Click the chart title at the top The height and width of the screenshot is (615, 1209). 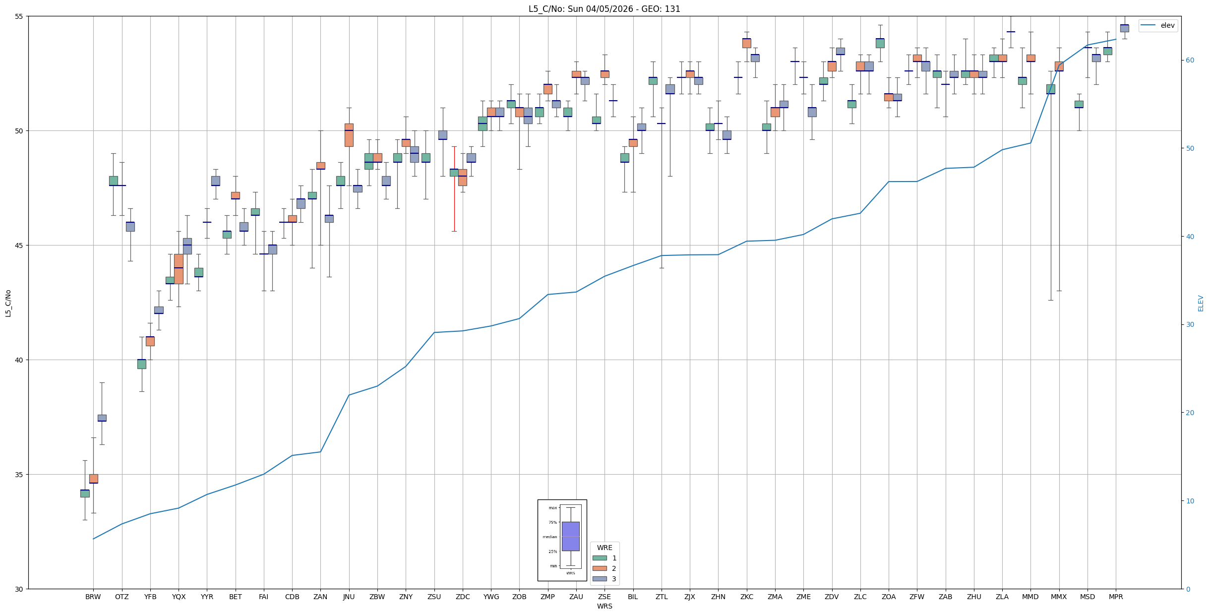604,9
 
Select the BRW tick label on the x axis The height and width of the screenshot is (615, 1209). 93,597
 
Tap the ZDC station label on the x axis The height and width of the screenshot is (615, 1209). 462,597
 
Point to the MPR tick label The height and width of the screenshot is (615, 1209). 1115,597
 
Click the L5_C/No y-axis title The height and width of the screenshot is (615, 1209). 8,303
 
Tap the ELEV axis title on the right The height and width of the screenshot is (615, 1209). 1201,303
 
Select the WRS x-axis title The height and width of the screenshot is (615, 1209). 604,606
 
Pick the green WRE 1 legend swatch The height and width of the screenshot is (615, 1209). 599,558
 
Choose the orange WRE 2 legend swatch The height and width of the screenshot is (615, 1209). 599,568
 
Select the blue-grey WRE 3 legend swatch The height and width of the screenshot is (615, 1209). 599,579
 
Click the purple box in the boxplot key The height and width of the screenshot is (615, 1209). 570,536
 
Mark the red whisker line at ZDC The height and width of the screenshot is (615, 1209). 454,198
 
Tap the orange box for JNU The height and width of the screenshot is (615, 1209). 349,135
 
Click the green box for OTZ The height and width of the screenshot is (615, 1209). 114,181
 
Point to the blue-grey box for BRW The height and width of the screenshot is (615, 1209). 102,418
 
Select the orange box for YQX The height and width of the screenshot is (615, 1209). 179,269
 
